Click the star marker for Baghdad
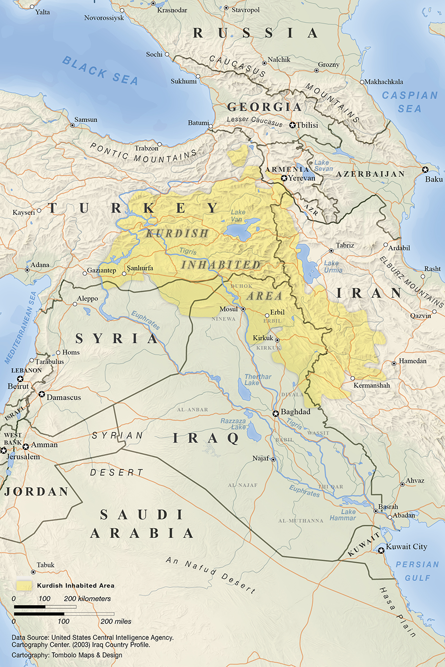point(276,413)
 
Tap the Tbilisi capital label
point(307,125)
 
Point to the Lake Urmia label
point(332,267)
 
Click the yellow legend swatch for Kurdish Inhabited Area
point(24,585)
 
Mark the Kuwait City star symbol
point(381,550)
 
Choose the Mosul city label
point(228,309)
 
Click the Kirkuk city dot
point(277,340)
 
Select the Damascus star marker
point(42,394)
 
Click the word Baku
point(434,179)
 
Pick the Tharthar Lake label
point(258,379)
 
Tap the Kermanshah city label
point(371,385)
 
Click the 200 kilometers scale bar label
point(87,598)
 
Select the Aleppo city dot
point(75,304)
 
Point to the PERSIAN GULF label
point(417,571)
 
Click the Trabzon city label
point(146,148)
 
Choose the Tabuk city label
point(45,565)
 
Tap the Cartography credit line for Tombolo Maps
point(67,655)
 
